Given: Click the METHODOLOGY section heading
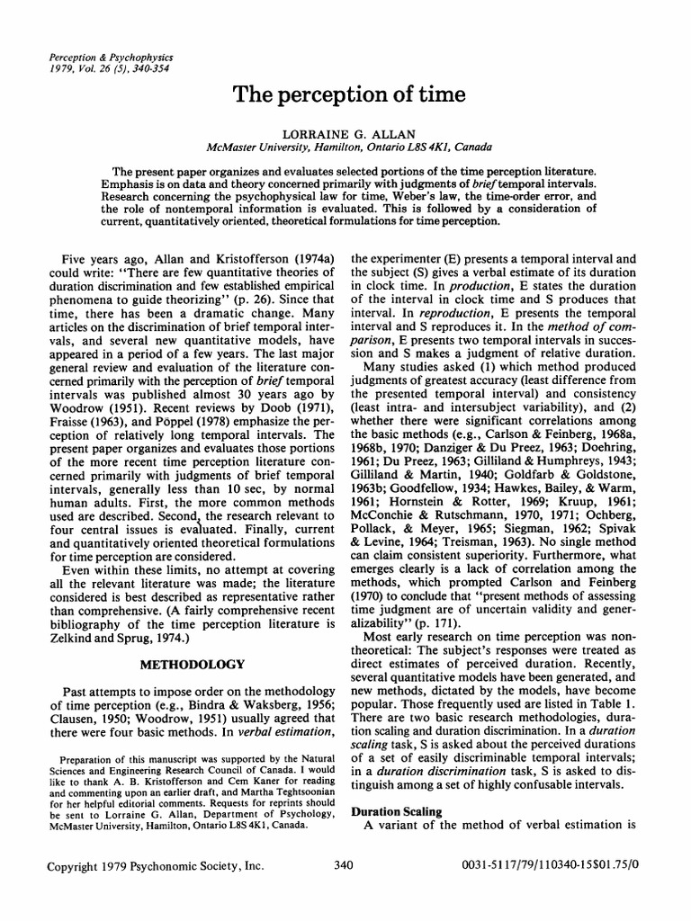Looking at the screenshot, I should point(193,664).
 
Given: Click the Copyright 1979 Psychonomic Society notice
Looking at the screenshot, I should point(156,890).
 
